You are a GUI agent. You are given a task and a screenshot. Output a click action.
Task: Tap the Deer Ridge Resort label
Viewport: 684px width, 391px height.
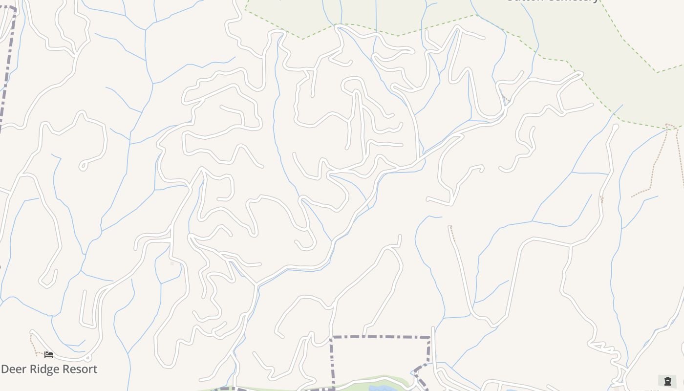[49, 369]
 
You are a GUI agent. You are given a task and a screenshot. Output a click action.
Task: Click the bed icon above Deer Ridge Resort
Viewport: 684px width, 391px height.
[49, 354]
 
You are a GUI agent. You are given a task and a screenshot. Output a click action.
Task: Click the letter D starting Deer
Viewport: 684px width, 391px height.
[5, 369]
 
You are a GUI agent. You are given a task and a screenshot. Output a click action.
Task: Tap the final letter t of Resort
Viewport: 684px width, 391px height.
[95, 369]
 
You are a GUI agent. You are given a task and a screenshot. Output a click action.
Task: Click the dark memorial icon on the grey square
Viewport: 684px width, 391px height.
[667, 381]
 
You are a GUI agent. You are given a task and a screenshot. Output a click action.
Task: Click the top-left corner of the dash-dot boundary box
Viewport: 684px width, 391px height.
[332, 337]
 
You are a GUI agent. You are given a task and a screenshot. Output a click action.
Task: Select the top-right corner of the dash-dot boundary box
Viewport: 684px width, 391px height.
[429, 337]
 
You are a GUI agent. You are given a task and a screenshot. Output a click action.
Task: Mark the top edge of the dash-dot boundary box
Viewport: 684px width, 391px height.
[381, 337]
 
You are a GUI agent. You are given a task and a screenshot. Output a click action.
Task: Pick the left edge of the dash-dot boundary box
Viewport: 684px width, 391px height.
[332, 362]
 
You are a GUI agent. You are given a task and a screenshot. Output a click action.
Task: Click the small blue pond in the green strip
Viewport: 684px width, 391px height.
[379, 389]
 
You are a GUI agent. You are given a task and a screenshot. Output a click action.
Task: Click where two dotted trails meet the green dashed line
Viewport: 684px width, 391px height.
[668, 126]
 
